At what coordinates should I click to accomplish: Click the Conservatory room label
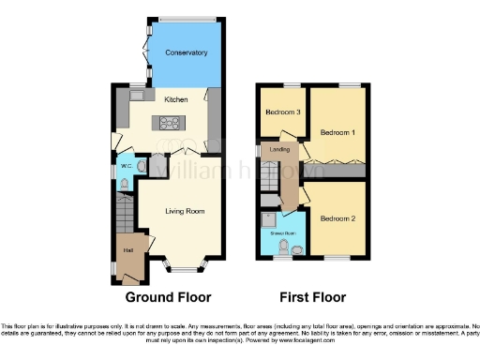pos(186,52)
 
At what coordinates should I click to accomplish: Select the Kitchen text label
pos(175,99)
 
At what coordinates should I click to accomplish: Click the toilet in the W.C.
pos(141,167)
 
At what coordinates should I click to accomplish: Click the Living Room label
pos(185,211)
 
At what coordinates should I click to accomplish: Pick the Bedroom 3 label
pos(282,112)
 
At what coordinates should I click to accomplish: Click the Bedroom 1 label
pos(338,132)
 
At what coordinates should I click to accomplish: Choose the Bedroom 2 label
pos(338,218)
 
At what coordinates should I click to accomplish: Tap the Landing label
pos(279,149)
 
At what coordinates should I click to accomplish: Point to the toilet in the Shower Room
pos(296,248)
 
